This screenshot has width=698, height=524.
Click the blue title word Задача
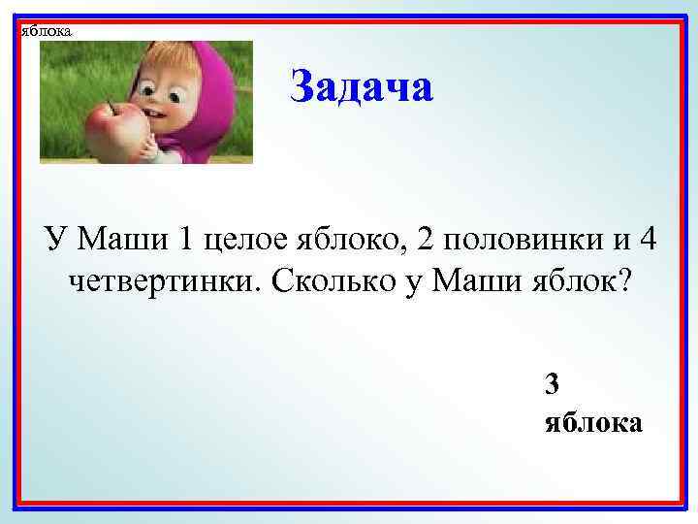click(x=362, y=88)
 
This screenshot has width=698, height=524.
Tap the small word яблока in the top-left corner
click(x=46, y=31)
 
